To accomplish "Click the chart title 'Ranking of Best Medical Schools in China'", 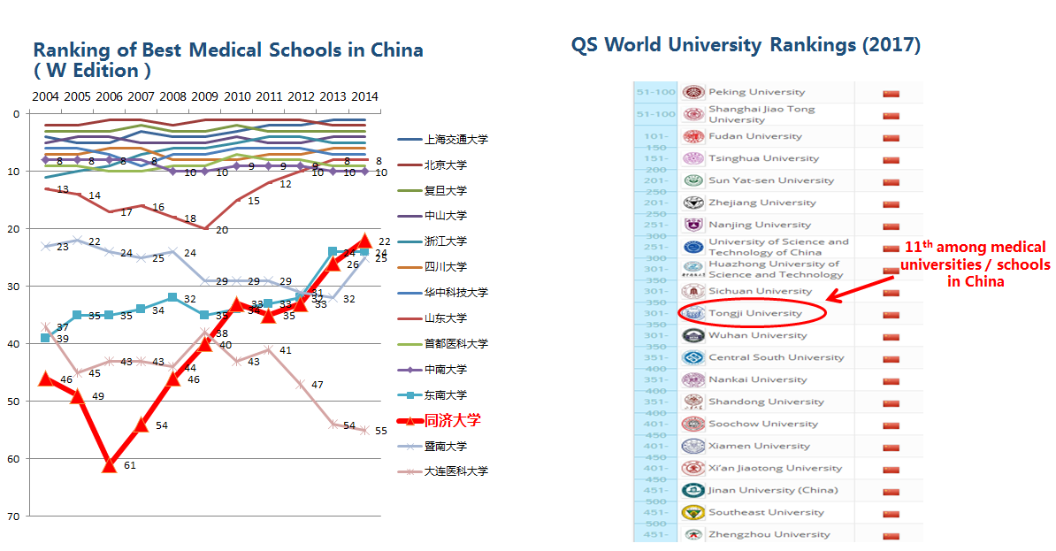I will click(228, 50).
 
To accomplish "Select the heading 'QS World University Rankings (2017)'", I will click(746, 44).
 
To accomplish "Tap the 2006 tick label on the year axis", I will click(109, 96).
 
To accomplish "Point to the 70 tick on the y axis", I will click(14, 516).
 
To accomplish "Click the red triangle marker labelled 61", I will click(109, 464).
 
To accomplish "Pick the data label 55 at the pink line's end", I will click(381, 432).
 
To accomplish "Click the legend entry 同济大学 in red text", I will click(453, 420).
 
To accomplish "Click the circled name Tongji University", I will click(754, 313).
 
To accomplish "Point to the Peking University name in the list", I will click(756, 92).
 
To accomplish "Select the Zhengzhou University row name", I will click(769, 534).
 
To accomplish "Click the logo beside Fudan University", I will click(693, 136).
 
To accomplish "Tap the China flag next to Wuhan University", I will click(891, 335).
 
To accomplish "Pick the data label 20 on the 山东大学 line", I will click(222, 230).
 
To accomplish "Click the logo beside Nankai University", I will click(693, 379).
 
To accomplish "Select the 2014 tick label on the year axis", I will click(363, 96).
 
